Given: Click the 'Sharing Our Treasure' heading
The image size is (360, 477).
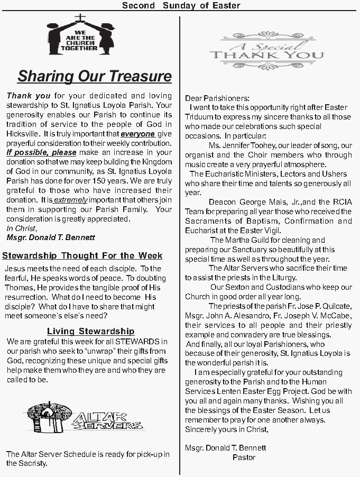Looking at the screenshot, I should [95, 76].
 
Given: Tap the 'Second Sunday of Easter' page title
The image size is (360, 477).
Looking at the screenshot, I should [181, 5].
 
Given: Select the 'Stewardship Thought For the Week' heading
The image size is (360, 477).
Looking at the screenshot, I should [82, 256].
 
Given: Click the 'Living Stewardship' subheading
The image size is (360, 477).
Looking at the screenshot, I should [90, 332].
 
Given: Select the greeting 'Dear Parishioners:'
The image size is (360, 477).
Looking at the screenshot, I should [217, 98].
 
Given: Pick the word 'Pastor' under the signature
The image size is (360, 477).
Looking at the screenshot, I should [244, 457].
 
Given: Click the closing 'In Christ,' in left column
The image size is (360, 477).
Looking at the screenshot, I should [22, 228].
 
